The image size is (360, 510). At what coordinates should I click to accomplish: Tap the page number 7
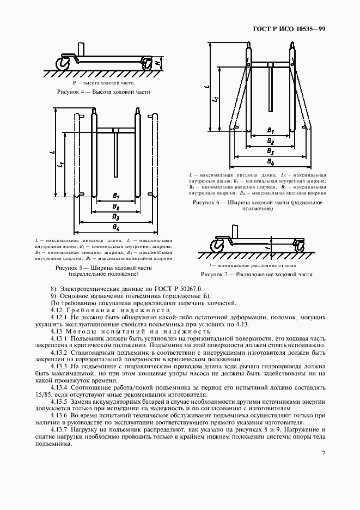(x=324, y=452)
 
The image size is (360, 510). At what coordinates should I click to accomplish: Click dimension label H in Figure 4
(x=158, y=63)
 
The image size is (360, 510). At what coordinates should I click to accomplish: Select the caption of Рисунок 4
(x=103, y=92)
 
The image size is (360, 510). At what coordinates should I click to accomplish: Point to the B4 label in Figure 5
(x=116, y=227)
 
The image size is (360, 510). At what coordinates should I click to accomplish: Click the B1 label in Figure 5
(x=116, y=196)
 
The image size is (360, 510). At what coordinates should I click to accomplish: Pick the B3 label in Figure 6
(x=271, y=151)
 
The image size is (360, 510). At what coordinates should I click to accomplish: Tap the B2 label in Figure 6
(x=271, y=141)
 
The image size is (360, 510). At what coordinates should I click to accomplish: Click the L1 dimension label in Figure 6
(x=217, y=99)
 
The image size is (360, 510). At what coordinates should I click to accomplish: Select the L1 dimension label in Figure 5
(x=63, y=163)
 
